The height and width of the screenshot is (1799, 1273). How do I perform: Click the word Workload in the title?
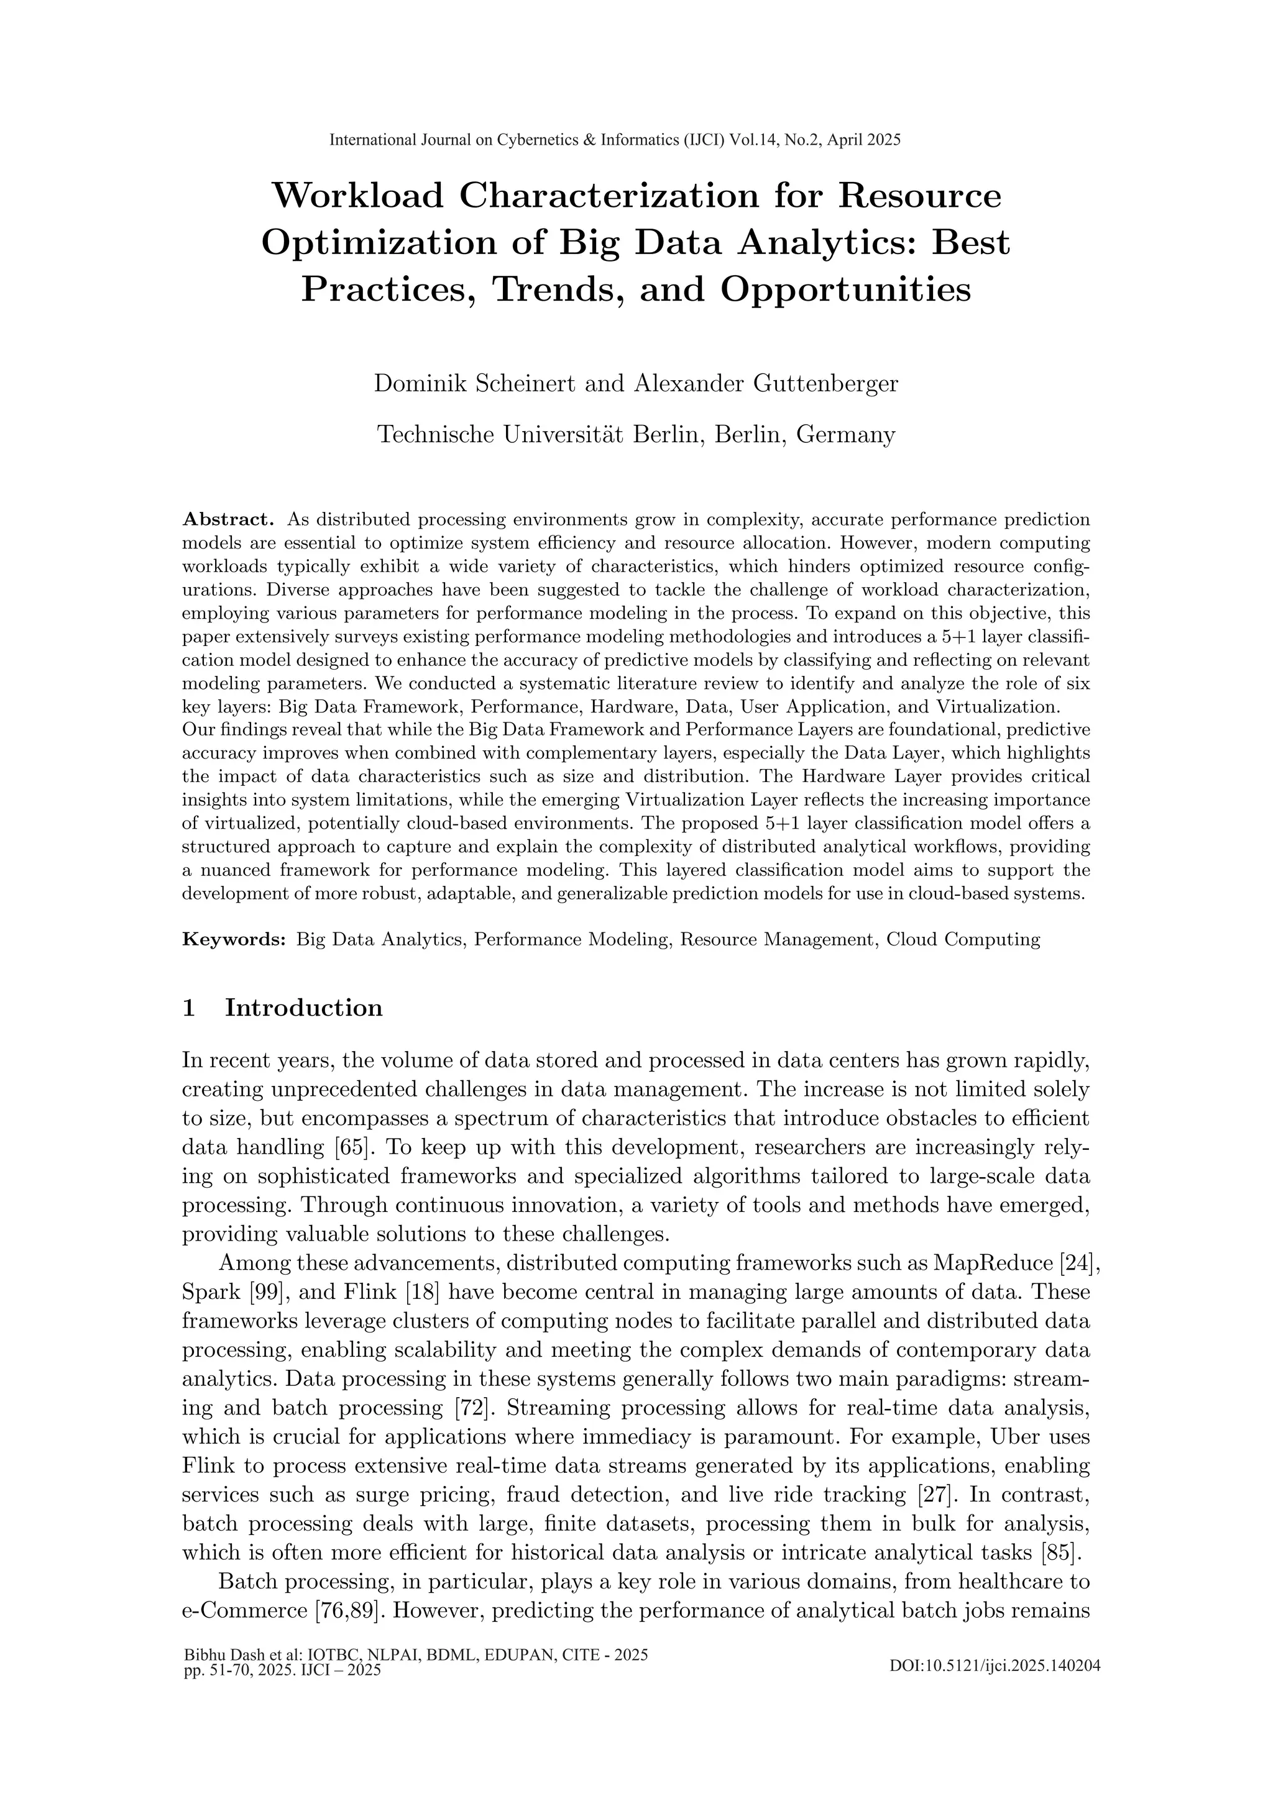357,196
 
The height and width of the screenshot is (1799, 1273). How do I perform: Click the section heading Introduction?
303,1008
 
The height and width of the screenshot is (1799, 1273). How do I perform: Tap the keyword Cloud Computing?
963,939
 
